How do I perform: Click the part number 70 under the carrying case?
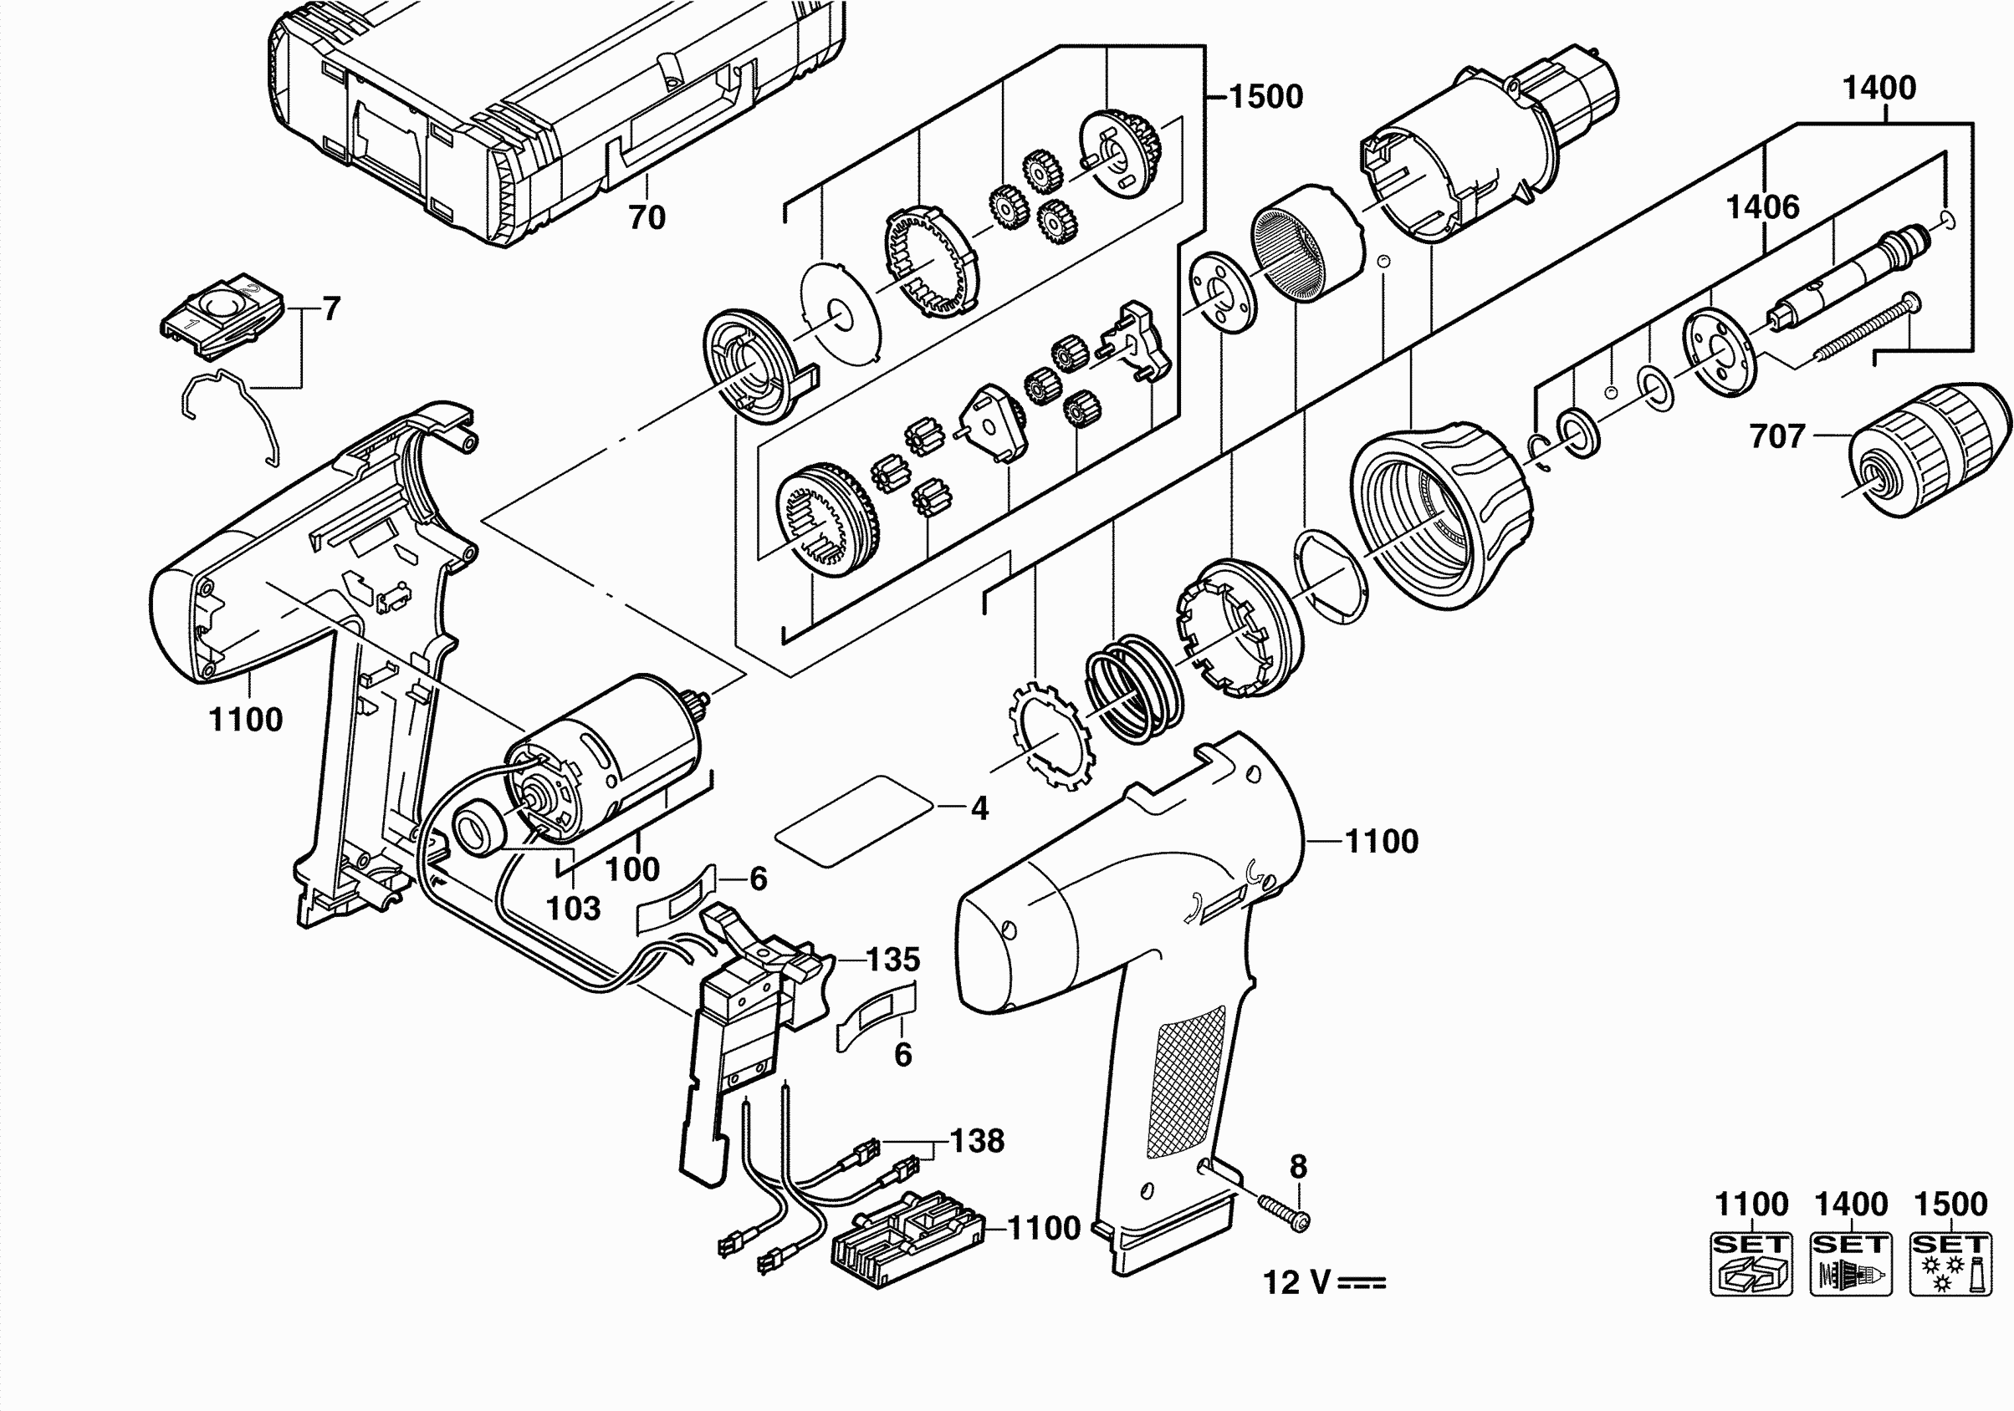click(x=647, y=216)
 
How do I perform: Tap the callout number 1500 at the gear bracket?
click(x=1265, y=96)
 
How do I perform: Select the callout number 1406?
click(x=1762, y=207)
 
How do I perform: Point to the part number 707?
click(x=1777, y=436)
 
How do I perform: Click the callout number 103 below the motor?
click(x=573, y=909)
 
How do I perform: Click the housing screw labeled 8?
click(x=1283, y=1210)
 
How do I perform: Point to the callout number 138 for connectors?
click(x=977, y=1141)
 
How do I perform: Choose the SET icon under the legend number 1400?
click(x=1851, y=1264)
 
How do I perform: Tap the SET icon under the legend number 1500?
click(x=1950, y=1264)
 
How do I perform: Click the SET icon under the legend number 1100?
click(x=1751, y=1264)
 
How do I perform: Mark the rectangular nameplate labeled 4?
click(x=856, y=819)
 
